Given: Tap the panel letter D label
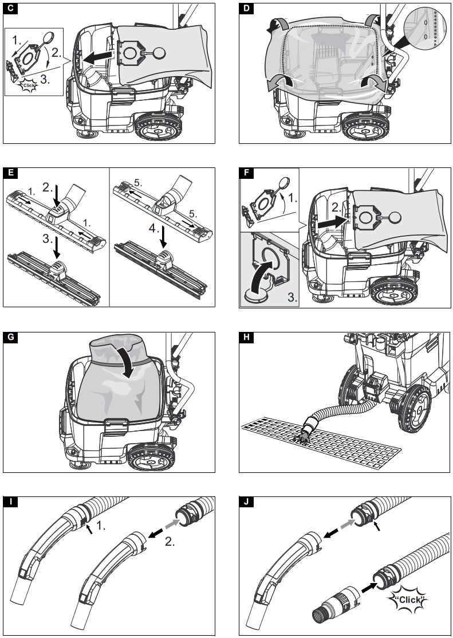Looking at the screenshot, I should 247,9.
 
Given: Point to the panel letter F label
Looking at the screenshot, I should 247,174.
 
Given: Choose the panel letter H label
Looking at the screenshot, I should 247,337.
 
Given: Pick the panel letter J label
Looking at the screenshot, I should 247,503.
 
